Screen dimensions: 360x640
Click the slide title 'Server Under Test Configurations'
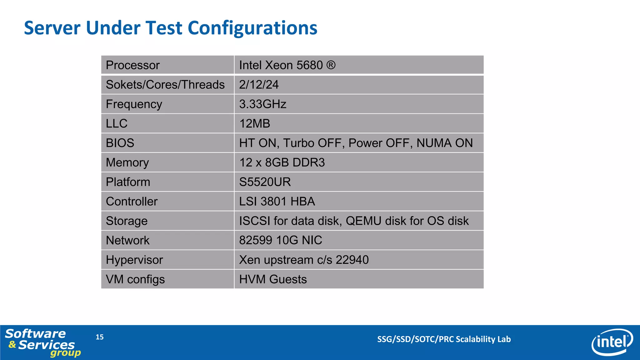(171, 28)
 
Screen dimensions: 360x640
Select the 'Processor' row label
(132, 65)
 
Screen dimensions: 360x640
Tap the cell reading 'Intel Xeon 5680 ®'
(287, 65)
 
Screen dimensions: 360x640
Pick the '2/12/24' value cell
(259, 85)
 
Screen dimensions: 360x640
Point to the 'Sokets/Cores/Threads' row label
(165, 85)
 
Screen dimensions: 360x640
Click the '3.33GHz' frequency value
(262, 104)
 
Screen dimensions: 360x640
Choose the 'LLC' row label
(117, 124)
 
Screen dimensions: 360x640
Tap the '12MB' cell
(254, 124)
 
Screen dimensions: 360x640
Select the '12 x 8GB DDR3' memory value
(282, 162)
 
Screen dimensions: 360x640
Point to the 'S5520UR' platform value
(265, 182)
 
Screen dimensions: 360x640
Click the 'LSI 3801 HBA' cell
(277, 202)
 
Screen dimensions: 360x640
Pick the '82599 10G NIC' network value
(280, 240)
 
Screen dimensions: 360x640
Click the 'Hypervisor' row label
(134, 260)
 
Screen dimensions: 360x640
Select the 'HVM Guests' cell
(273, 279)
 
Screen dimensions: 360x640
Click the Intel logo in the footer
(612, 342)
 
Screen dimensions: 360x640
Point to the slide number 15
(100, 337)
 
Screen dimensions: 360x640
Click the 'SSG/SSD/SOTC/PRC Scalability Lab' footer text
(444, 339)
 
